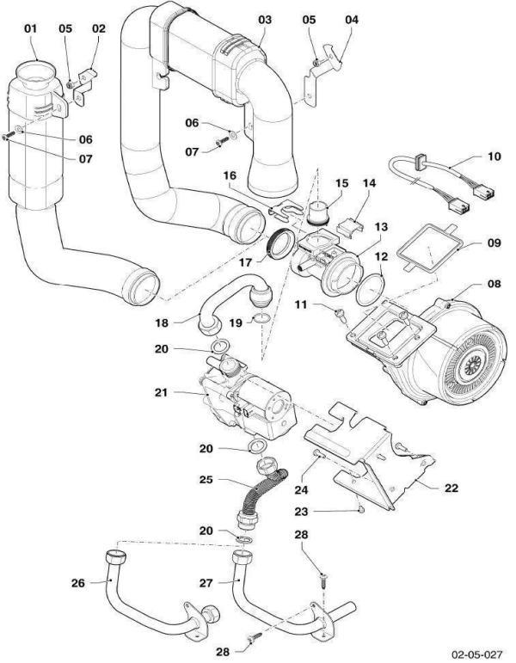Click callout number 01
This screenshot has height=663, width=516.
pos(31,28)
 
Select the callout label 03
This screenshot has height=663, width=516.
pos(264,18)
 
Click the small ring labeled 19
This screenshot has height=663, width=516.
pos(261,321)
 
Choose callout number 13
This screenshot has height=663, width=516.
pos(381,226)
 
